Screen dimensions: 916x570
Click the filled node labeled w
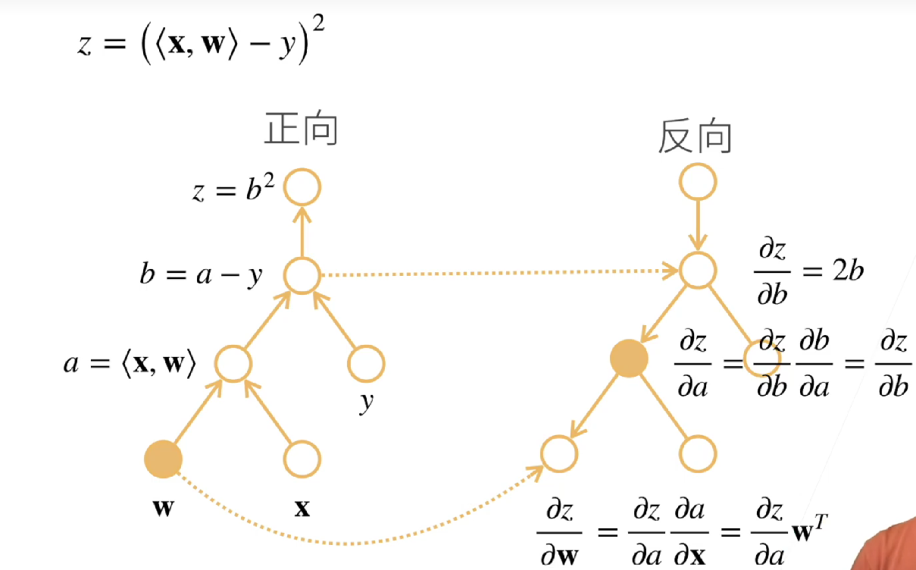[164, 459]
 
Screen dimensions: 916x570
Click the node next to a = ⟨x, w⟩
[233, 363]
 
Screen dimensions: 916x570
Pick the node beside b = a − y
[302, 275]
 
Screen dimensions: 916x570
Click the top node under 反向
[697, 183]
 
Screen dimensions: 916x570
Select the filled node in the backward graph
[629, 358]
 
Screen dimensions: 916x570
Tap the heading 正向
[301, 130]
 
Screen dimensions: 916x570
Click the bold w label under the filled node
[163, 508]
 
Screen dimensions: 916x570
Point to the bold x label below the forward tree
[302, 508]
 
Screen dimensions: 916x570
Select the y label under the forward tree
[367, 403]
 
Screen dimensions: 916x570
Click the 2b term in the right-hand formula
[846, 272]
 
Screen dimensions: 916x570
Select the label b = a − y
[201, 275]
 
